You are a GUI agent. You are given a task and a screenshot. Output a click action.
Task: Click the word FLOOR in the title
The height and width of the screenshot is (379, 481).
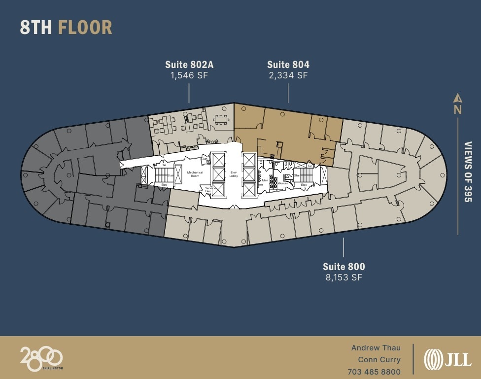click(x=85, y=27)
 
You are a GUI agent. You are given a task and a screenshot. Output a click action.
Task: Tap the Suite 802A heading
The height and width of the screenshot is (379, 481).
click(x=189, y=65)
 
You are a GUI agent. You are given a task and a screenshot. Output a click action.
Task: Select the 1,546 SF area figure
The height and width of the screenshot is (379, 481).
click(x=189, y=75)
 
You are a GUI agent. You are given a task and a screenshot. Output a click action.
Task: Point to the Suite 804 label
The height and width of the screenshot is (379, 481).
click(x=288, y=65)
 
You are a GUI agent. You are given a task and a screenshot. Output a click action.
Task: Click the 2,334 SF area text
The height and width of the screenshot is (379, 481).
click(x=288, y=75)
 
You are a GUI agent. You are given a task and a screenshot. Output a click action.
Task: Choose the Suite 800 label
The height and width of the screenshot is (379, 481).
click(x=344, y=267)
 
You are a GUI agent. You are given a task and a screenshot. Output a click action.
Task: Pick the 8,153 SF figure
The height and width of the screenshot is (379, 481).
click(x=344, y=277)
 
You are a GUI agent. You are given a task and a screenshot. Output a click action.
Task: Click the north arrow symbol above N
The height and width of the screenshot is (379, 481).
click(x=457, y=98)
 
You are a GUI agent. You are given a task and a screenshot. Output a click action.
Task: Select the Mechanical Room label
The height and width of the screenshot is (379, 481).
click(x=195, y=173)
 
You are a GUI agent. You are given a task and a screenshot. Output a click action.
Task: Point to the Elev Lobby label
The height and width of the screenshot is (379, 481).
click(x=233, y=173)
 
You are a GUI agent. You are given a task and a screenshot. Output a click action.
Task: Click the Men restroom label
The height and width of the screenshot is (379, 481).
click(x=265, y=180)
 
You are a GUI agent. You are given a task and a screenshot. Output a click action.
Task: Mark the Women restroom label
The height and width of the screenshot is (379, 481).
click(x=283, y=183)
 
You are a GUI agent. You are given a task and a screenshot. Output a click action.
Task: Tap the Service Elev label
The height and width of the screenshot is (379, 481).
click(x=210, y=189)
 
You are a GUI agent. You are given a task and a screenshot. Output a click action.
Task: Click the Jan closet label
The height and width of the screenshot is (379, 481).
click(x=205, y=159)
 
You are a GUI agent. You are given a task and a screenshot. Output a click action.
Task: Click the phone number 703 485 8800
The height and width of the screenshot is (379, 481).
click(x=374, y=372)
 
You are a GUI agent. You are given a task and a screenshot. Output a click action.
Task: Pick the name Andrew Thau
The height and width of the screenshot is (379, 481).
click(x=376, y=348)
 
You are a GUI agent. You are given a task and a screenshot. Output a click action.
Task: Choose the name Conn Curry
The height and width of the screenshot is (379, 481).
click(x=379, y=360)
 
